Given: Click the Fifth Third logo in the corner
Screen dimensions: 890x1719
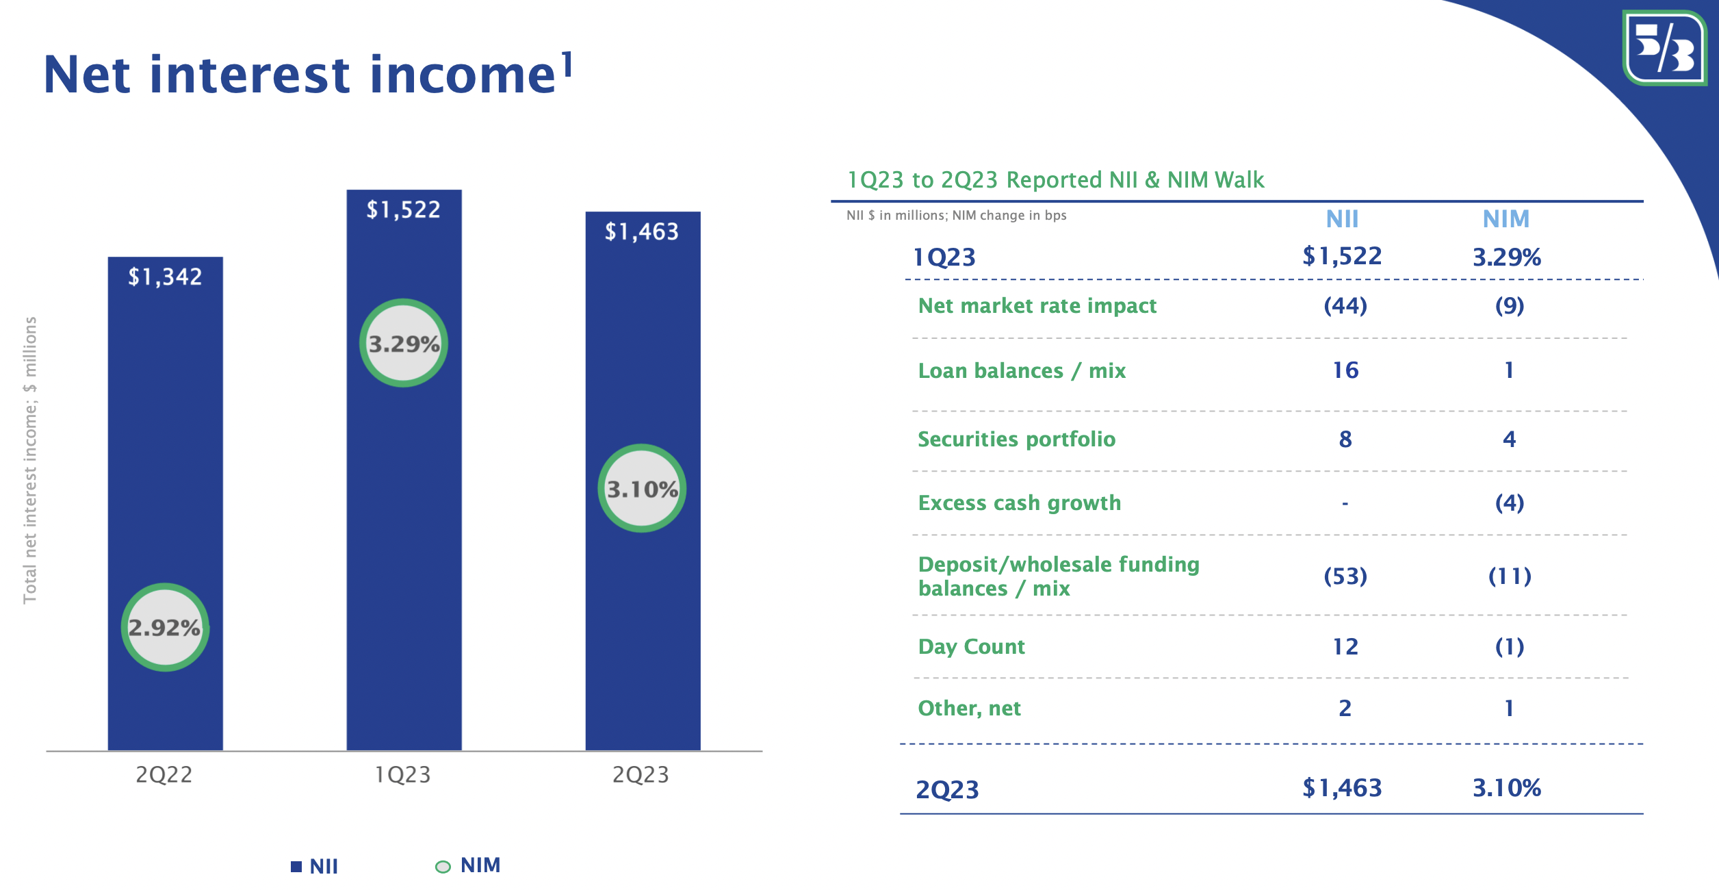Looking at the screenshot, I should tap(1664, 48).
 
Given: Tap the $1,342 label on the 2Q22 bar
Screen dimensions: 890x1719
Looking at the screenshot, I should tap(165, 277).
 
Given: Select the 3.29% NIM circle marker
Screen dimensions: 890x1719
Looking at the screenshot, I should tap(404, 343).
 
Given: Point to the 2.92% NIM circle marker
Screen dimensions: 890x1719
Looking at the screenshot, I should tap(165, 627).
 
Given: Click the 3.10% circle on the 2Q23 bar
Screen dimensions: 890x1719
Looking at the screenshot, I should tap(642, 489).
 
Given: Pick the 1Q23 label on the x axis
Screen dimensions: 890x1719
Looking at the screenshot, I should tap(403, 774).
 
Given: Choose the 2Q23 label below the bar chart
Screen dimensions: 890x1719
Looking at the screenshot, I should tap(641, 774).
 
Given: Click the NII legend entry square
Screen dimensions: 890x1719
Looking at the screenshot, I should tap(296, 867).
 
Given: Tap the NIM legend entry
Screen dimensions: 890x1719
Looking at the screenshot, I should tap(469, 866).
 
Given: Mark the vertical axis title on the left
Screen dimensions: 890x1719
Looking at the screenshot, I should tap(30, 460).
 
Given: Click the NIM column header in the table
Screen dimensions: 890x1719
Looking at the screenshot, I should tap(1505, 219).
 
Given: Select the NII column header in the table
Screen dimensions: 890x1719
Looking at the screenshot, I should tap(1342, 219).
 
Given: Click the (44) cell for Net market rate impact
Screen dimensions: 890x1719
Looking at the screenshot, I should tap(1345, 305).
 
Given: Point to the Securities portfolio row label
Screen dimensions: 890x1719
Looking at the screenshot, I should tap(1016, 439).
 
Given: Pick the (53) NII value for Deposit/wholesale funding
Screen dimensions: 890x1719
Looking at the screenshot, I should tap(1345, 576).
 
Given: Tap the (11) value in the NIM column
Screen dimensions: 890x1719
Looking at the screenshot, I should tap(1510, 576).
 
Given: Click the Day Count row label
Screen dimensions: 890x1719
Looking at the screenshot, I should tap(971, 646).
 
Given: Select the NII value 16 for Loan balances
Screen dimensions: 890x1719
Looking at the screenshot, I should tap(1345, 370).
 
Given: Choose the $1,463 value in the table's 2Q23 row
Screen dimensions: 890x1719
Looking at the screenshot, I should tap(1342, 788).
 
